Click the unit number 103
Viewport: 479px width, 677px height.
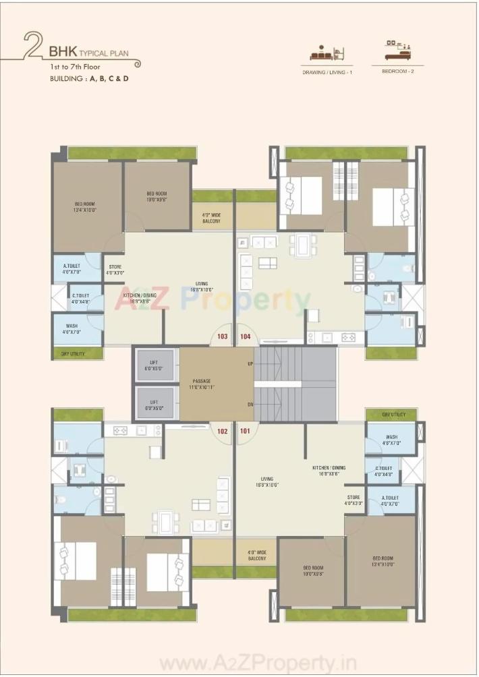click(x=223, y=336)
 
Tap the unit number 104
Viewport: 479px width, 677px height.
click(x=246, y=336)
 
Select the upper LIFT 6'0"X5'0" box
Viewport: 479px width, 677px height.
click(x=153, y=365)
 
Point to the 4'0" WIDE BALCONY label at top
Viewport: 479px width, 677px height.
click(x=211, y=218)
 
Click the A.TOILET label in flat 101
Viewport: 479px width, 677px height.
click(x=390, y=501)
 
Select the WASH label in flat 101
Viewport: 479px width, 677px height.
click(x=392, y=440)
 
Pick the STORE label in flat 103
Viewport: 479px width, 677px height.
click(x=115, y=270)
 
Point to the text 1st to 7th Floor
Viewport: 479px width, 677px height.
click(x=74, y=67)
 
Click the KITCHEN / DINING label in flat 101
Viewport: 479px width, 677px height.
click(x=329, y=471)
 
